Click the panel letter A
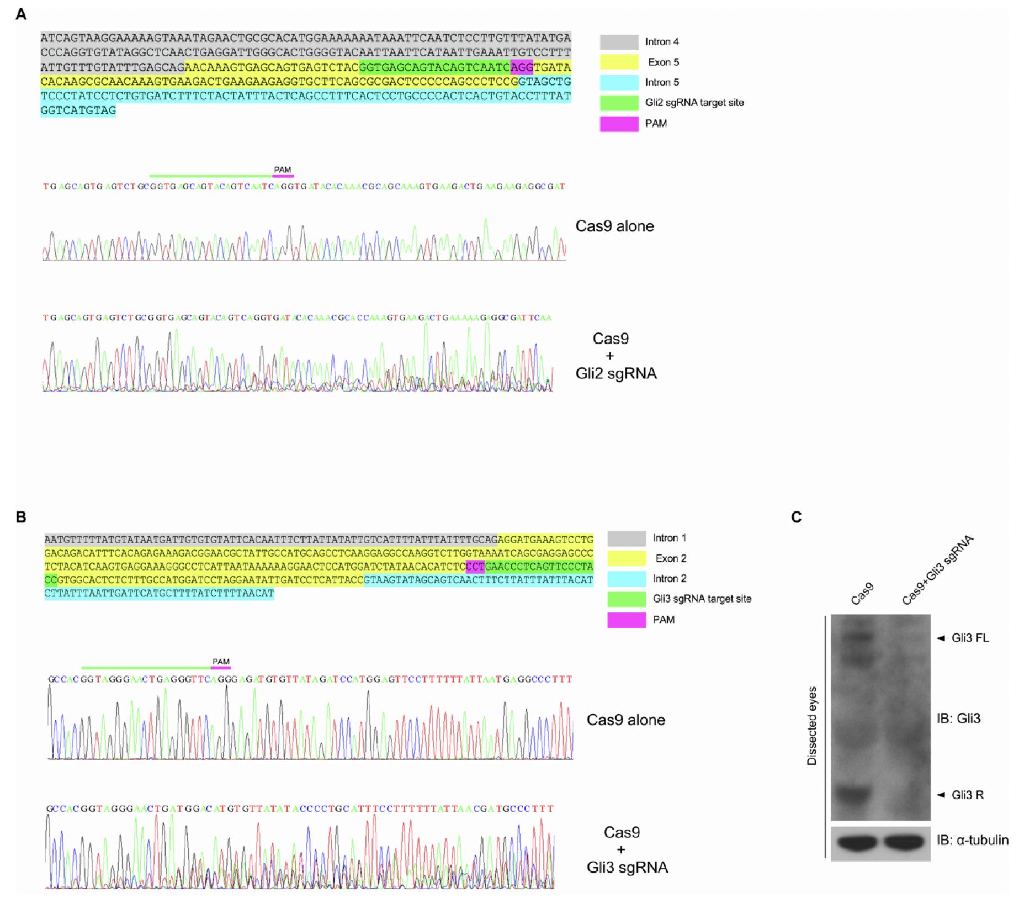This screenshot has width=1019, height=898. (x=21, y=14)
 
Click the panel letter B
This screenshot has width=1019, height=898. (x=21, y=517)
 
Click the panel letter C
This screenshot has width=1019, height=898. (x=796, y=517)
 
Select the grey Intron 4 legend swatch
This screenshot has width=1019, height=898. (x=619, y=42)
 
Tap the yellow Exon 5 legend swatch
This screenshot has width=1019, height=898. (x=619, y=62)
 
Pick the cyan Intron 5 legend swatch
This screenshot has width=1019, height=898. (x=619, y=83)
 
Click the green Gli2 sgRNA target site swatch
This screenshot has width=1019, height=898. (x=619, y=103)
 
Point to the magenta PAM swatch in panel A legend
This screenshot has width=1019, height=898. (x=619, y=124)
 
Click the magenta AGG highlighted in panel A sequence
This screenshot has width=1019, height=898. (x=522, y=67)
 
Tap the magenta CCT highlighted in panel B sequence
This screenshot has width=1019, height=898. (x=475, y=566)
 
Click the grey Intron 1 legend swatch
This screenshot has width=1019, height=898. (x=627, y=538)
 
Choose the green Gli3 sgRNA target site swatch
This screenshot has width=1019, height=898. (x=627, y=599)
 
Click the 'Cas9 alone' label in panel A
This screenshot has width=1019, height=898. (x=614, y=226)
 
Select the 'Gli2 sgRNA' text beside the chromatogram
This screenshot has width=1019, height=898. (x=616, y=374)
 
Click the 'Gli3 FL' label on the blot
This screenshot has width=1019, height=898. (x=970, y=638)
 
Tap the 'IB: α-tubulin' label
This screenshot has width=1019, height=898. (x=972, y=840)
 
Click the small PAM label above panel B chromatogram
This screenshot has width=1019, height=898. (x=221, y=662)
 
